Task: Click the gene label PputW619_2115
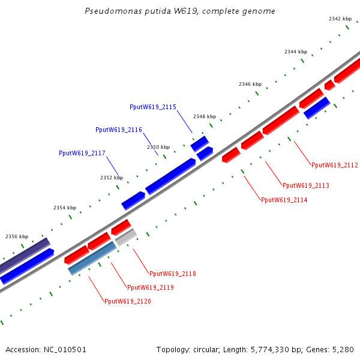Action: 152,107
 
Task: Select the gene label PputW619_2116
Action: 118,130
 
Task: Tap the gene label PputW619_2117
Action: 82,153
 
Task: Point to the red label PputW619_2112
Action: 334,165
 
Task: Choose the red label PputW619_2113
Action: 305,185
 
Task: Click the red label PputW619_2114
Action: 284,200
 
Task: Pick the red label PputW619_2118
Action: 172,274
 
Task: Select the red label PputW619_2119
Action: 150,287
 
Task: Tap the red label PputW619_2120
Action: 127,301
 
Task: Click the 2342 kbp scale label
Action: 340,19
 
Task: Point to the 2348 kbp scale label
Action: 204,116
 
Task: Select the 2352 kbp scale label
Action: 111,178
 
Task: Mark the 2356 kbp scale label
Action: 17,236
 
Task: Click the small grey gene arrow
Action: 126,238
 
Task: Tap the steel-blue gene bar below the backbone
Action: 92,258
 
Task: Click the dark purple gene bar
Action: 24,255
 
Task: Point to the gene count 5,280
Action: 343,349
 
